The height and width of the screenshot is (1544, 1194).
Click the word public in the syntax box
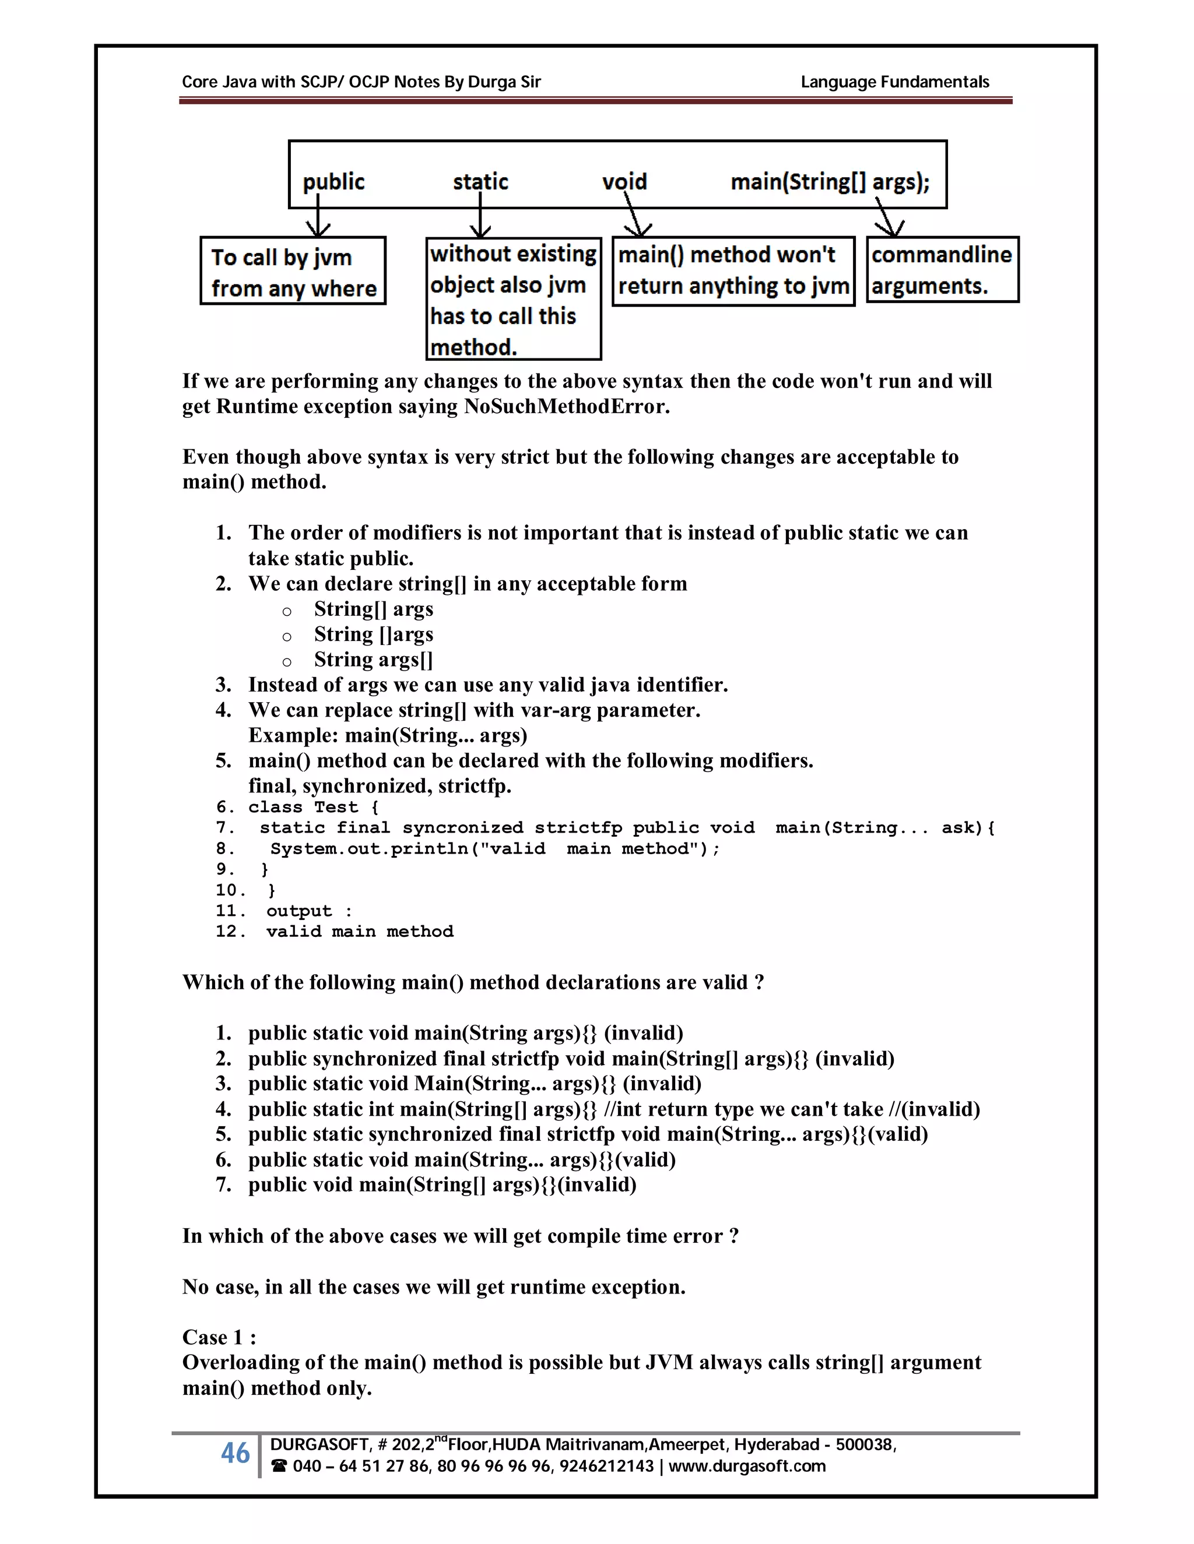point(333,182)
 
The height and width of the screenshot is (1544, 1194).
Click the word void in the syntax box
point(624,182)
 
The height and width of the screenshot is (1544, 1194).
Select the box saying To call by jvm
point(293,272)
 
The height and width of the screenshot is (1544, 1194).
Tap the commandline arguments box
point(942,270)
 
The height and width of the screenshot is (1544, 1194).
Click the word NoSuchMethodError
point(566,407)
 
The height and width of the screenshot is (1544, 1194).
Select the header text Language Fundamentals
point(894,82)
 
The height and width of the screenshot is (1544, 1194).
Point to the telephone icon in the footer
point(279,1467)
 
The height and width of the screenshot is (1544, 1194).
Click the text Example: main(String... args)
point(388,735)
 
